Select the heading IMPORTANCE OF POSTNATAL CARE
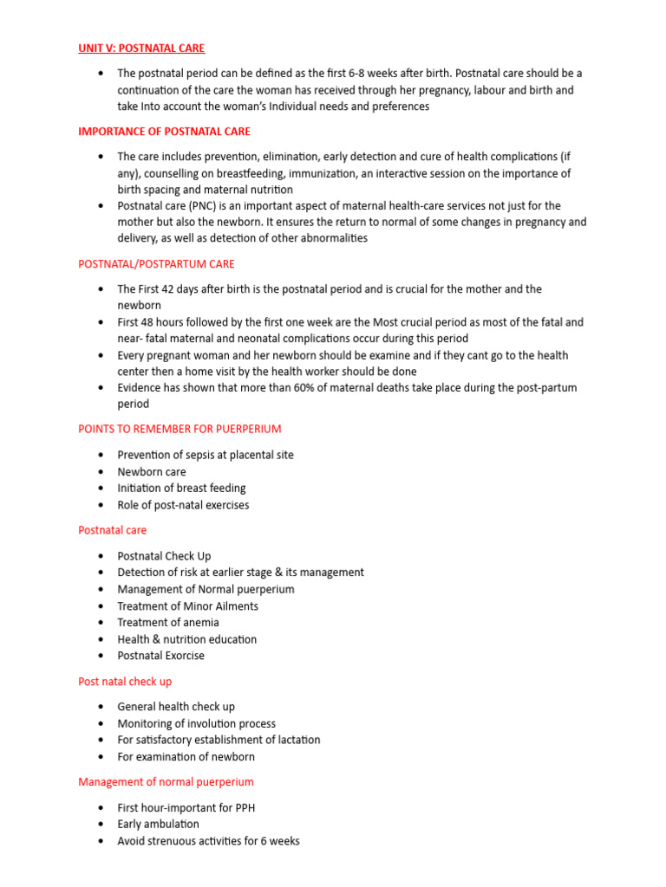[x=164, y=132]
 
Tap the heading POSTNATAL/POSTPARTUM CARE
[x=156, y=264]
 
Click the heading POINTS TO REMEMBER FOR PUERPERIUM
[x=180, y=429]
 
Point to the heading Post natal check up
[x=125, y=682]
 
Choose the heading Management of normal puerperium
[x=166, y=782]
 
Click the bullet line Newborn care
[x=152, y=472]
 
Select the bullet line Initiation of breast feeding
[x=181, y=489]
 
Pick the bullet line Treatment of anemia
[x=168, y=623]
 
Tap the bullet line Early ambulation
[x=158, y=825]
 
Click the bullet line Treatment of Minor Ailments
[x=187, y=606]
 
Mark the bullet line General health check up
[x=176, y=707]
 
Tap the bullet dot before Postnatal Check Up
[x=102, y=556]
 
